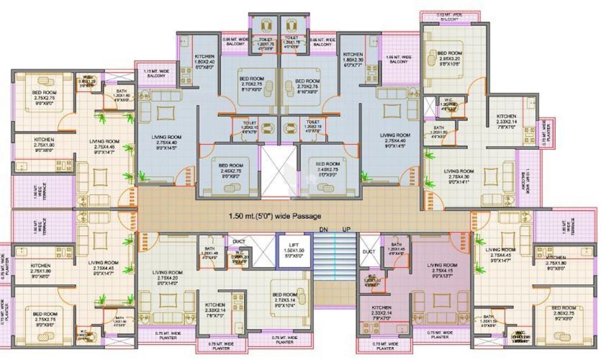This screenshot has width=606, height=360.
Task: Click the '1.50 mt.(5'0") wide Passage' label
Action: pos(275,216)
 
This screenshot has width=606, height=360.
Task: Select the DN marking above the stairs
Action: pos(324,230)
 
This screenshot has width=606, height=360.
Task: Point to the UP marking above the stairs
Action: pos(347,230)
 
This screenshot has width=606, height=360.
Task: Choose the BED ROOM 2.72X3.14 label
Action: pos(284,298)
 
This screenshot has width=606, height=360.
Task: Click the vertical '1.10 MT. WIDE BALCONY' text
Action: pos(527,181)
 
